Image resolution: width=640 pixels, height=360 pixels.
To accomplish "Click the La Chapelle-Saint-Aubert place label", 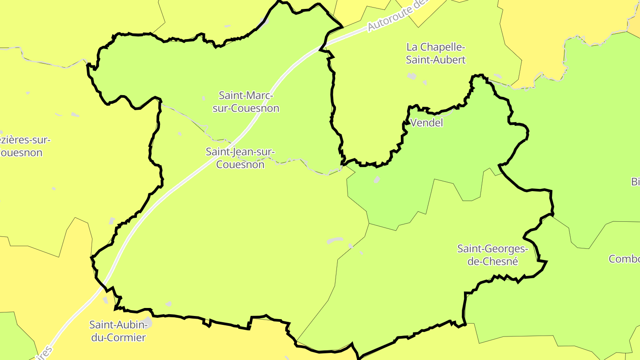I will pyautogui.click(x=436, y=53).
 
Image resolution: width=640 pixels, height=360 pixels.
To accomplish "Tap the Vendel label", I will pyautogui.click(x=427, y=123).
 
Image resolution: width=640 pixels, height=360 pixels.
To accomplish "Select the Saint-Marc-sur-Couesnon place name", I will pyautogui.click(x=246, y=102).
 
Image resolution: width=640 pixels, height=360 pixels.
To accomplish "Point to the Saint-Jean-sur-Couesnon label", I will pyautogui.click(x=240, y=158).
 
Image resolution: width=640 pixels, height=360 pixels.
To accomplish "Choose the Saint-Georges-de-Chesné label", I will pyautogui.click(x=493, y=255).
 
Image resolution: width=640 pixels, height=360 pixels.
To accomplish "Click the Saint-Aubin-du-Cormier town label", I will pyautogui.click(x=118, y=331).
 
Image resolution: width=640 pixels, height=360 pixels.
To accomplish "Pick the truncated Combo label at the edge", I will pyautogui.click(x=624, y=259).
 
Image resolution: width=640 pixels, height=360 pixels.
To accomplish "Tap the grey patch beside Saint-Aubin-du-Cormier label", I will pyautogui.click(x=147, y=323).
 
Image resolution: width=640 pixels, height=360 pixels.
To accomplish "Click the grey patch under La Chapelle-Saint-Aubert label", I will pyautogui.click(x=412, y=76).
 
